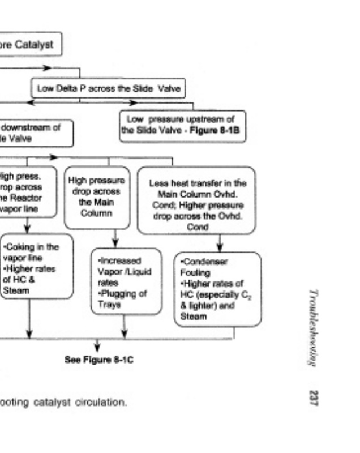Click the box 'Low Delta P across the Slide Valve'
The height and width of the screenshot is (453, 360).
point(108,88)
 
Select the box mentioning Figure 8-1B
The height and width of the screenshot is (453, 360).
point(183,125)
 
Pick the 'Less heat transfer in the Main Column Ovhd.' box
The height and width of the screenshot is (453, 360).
point(197,199)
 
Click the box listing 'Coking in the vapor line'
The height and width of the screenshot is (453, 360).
point(37,266)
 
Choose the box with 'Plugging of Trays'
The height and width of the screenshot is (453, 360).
point(126,281)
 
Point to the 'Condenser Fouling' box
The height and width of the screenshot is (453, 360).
point(217,289)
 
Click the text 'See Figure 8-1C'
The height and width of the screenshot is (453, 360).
point(98,359)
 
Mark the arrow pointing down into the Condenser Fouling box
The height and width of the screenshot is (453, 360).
point(220,247)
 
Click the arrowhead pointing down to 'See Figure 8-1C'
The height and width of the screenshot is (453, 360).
point(97,347)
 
